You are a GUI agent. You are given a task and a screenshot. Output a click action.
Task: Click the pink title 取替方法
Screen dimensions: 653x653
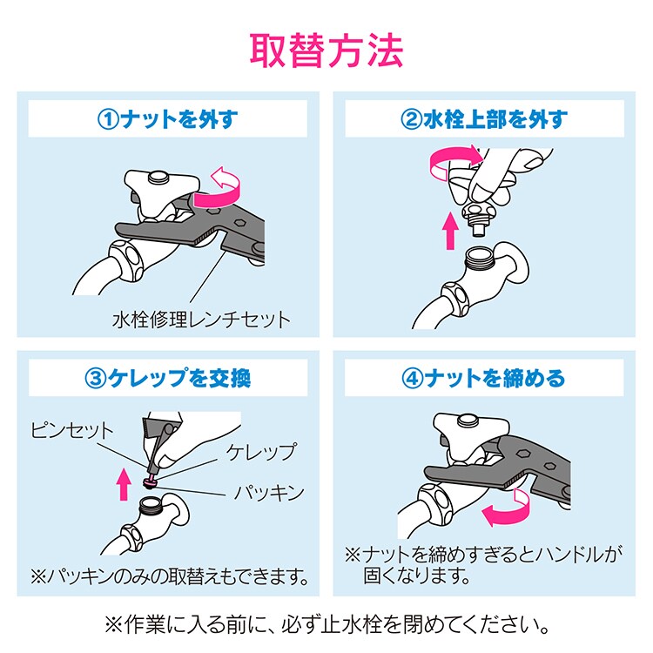326,50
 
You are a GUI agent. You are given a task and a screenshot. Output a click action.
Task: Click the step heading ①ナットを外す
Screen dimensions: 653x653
167,119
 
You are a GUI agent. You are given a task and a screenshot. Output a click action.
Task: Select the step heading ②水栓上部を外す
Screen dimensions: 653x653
484,119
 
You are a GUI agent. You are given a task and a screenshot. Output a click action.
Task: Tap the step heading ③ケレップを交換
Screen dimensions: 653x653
167,378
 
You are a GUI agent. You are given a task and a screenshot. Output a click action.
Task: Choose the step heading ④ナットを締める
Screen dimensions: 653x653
483,378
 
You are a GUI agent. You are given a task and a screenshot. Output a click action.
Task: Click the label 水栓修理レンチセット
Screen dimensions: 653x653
201,320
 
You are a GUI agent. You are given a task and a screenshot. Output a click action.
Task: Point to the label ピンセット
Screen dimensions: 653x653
71,430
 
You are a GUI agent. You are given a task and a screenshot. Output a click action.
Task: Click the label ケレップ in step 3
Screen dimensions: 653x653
262,452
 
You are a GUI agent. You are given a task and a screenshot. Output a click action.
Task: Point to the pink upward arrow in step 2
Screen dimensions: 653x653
450,231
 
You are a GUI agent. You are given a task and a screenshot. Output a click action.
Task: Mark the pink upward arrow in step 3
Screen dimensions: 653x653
124,483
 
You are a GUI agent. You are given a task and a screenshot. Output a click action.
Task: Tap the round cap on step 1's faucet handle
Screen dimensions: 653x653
158,178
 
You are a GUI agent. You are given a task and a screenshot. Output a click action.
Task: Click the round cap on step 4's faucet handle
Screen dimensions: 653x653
468,421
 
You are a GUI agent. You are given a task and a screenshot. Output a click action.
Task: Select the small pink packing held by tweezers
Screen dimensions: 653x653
150,483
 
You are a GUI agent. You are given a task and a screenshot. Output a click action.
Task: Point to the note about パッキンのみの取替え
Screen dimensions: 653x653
170,576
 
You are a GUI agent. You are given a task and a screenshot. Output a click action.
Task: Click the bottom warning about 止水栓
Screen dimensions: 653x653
326,625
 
